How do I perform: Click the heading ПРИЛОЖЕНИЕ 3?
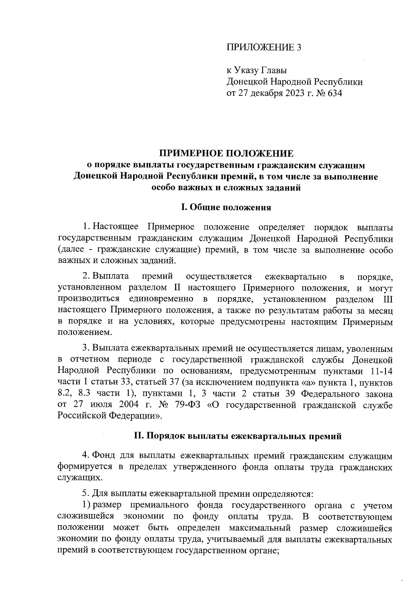coord(263,48)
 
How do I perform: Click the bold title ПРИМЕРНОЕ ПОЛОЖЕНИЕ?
coord(226,153)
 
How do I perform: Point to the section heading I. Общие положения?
coord(226,208)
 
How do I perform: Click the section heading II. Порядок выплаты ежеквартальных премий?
coord(238,436)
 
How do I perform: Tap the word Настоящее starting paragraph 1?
coord(115,227)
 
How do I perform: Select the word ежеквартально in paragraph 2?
coord(295,277)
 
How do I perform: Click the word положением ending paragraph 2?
coord(85,333)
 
